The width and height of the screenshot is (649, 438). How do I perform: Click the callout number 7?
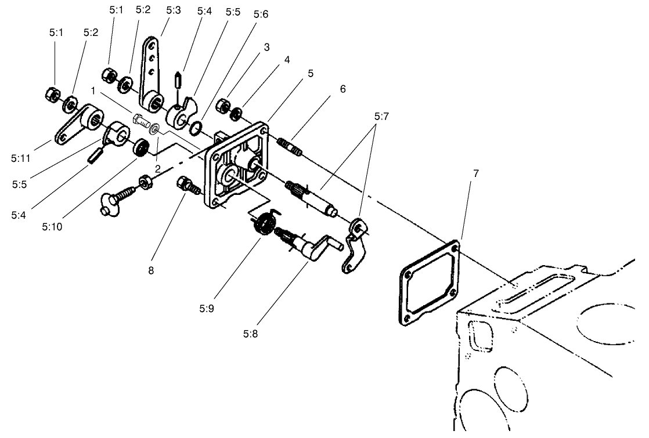pos(476,174)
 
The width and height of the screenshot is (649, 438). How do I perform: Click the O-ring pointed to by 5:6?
pos(197,127)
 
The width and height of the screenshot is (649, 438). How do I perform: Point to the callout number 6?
pos(342,89)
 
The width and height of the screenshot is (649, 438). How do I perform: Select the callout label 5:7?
pos(381,116)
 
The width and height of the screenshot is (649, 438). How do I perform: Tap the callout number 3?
pos(266,48)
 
